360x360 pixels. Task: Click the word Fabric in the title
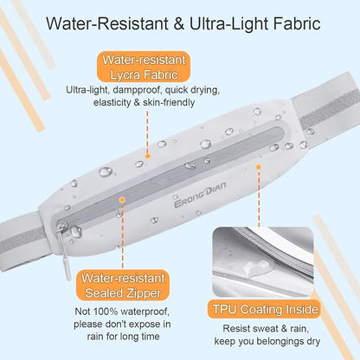[297, 23]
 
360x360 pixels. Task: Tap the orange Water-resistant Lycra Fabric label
[144, 67]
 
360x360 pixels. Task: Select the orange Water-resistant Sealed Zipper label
[123, 286]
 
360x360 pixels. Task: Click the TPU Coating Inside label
[266, 309]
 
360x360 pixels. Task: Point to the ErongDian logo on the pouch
[200, 195]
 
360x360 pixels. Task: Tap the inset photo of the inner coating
[263, 262]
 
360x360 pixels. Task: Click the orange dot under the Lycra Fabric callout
[148, 157]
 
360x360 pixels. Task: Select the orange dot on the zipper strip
[122, 200]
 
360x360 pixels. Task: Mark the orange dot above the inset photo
[259, 167]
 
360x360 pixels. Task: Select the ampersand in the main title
[179, 24]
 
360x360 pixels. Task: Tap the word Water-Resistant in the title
[107, 23]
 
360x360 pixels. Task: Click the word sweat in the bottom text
[265, 329]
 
